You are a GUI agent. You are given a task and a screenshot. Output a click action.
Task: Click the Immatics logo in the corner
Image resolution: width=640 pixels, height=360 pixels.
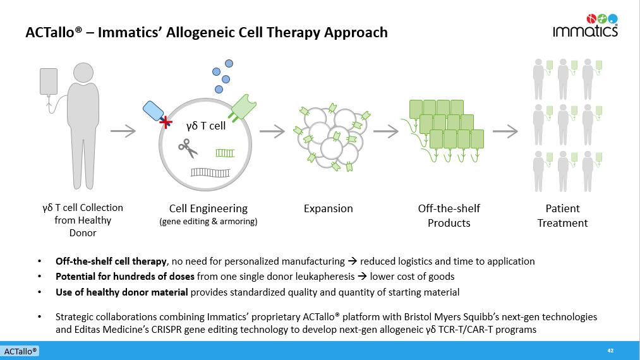coord(585,26)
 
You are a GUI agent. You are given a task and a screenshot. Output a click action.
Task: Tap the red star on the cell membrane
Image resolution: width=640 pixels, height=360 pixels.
coord(166,122)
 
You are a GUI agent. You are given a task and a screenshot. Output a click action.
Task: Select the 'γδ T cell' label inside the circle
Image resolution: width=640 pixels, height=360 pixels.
coord(205,126)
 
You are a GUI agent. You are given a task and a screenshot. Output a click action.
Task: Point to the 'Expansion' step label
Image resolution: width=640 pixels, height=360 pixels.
coord(328,208)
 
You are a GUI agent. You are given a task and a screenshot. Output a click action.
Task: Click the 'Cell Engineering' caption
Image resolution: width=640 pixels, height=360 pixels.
coord(208,208)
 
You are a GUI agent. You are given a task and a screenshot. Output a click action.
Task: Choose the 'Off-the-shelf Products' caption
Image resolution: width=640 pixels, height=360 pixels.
coord(449,215)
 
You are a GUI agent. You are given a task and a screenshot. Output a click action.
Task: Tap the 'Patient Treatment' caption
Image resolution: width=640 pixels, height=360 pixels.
coord(562,215)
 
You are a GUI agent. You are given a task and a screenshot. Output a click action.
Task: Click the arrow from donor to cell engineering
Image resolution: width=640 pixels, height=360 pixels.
coord(123,131)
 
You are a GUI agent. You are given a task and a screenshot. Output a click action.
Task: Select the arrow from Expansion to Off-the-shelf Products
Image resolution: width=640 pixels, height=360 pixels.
coord(385,131)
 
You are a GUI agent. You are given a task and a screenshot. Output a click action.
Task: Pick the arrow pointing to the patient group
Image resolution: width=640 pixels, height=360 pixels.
coord(505,131)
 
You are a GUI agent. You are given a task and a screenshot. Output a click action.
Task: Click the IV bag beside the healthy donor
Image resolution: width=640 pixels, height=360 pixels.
coord(49,81)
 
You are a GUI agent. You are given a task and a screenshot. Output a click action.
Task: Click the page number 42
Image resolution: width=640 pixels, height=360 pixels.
coord(610,351)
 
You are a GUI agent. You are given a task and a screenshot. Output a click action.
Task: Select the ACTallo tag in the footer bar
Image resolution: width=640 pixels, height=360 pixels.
coord(20,351)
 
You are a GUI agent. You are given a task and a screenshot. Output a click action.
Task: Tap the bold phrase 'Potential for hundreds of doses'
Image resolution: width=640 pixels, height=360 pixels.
coord(124,277)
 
